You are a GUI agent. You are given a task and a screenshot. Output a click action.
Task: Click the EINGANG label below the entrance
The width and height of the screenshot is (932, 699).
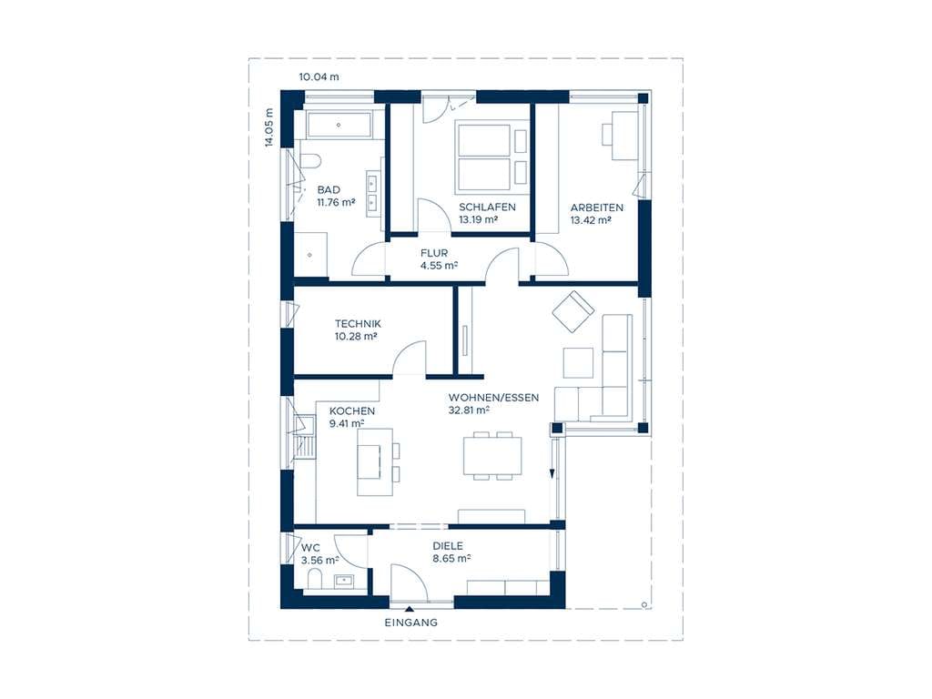point(410,623)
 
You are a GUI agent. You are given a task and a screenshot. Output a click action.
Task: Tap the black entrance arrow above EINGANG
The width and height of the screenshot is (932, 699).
point(409,609)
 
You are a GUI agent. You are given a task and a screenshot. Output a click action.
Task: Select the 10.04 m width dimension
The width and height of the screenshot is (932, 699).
point(319,76)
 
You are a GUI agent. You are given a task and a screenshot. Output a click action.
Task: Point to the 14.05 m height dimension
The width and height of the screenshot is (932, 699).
point(268,127)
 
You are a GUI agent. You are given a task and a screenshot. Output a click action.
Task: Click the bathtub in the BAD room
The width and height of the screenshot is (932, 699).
point(339,125)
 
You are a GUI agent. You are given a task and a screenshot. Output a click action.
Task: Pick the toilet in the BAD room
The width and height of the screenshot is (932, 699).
point(309,161)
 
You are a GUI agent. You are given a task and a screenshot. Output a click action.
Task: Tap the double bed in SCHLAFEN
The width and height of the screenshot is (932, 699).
point(484,157)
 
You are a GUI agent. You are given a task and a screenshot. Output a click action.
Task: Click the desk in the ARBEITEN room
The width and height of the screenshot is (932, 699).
point(624,136)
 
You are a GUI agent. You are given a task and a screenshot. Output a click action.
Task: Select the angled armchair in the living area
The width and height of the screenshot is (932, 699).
point(573,311)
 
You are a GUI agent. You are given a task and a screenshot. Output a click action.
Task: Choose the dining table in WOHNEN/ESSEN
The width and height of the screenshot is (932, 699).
point(492,455)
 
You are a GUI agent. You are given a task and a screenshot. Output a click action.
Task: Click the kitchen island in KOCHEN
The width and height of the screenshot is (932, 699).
point(374,461)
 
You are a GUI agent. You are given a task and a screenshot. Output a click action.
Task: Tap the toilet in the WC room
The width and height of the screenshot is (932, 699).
point(314,579)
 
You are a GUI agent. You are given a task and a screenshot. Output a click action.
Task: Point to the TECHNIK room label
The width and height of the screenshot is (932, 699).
point(358,324)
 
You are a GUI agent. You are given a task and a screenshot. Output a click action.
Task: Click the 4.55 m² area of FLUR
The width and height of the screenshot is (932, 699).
point(439,266)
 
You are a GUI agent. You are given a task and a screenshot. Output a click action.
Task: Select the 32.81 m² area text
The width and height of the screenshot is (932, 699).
point(469,410)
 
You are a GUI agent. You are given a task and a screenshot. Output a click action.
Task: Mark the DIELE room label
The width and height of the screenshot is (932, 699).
point(448,546)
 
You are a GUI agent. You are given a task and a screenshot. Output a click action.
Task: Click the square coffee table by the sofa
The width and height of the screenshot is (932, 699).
point(578,362)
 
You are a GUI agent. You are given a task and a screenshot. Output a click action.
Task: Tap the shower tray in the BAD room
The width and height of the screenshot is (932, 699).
point(310,255)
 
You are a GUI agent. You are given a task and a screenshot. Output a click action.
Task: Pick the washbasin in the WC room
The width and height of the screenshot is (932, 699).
point(343,580)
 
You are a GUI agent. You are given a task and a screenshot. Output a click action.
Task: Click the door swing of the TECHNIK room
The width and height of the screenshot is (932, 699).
point(410,358)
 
